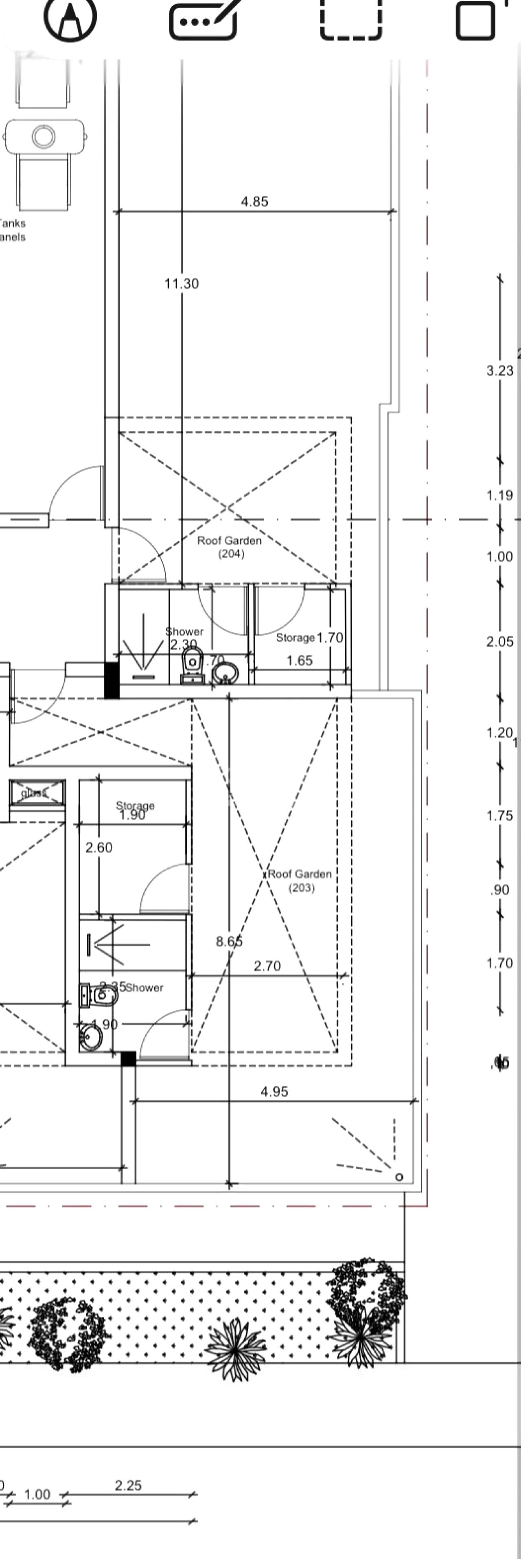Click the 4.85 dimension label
pyautogui.click(x=254, y=202)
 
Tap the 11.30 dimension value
pyautogui.click(x=182, y=283)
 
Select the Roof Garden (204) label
pyautogui.click(x=229, y=547)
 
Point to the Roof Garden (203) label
pyautogui.click(x=300, y=881)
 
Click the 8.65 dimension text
pyautogui.click(x=229, y=941)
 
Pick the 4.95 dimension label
pyautogui.click(x=274, y=1091)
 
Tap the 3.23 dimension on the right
pyautogui.click(x=500, y=370)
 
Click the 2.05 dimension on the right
pyautogui.click(x=500, y=641)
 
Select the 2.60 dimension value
pyautogui.click(x=99, y=847)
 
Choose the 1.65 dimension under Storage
pyautogui.click(x=300, y=660)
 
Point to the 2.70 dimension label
pyautogui.click(x=267, y=966)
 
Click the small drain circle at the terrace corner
pyautogui.click(x=399, y=1177)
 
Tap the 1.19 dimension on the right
pyautogui.click(x=500, y=495)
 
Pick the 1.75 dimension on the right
pyautogui.click(x=500, y=816)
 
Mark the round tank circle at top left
pyautogui.click(x=44, y=136)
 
